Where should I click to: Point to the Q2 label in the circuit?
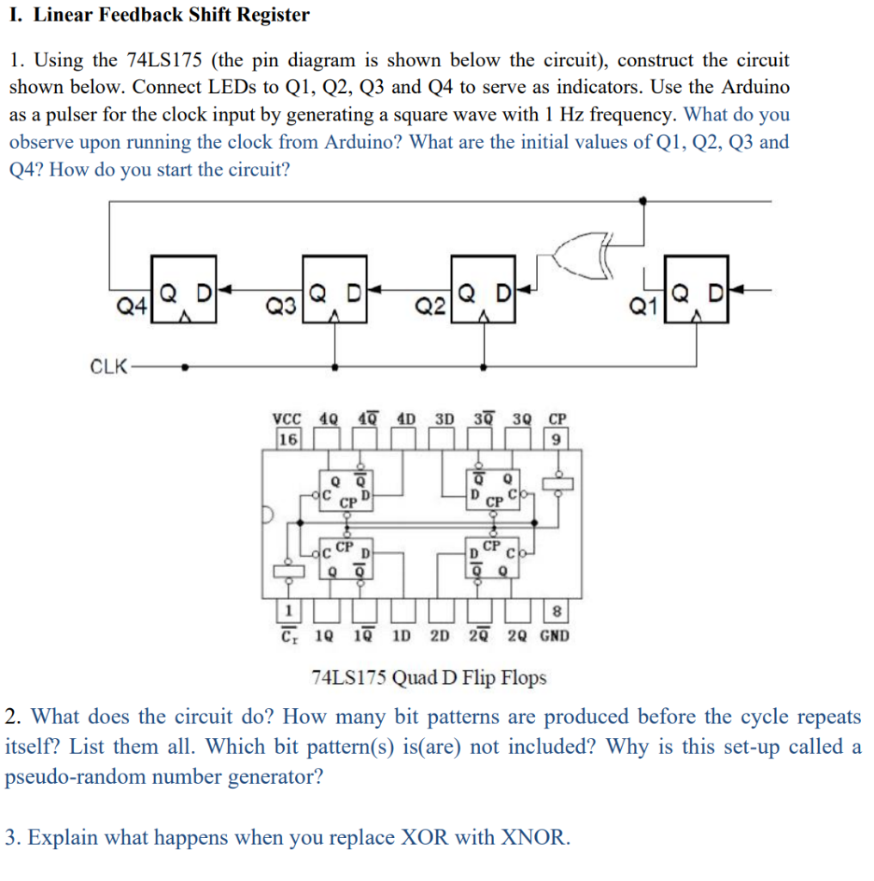(x=429, y=305)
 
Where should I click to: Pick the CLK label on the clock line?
(x=108, y=367)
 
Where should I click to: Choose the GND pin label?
(x=555, y=637)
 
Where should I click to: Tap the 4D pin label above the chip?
(x=405, y=420)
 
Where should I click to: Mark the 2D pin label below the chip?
(x=440, y=637)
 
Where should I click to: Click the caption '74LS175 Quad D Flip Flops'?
(x=428, y=678)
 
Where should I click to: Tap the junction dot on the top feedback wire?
(x=644, y=200)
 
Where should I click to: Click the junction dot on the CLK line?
(x=185, y=367)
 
